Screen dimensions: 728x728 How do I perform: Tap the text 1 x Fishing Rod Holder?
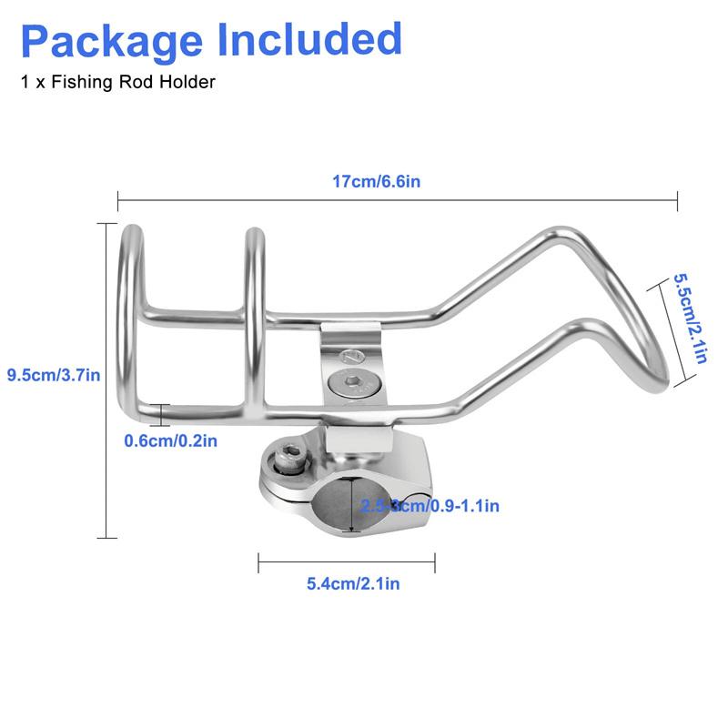click(x=117, y=83)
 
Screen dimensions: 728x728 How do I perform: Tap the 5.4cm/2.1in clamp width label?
click(x=353, y=583)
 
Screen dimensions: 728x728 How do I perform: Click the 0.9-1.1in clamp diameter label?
click(x=453, y=505)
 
